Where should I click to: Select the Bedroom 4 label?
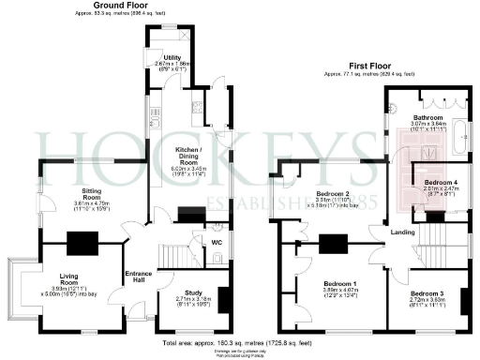[440, 181]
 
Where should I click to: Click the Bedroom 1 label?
[340, 284]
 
